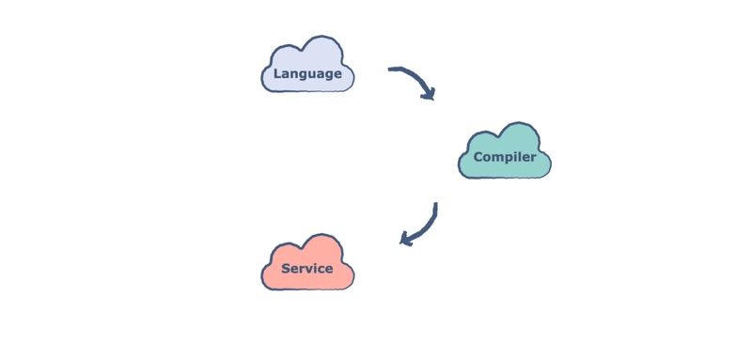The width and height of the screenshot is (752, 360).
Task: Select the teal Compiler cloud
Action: click(505, 151)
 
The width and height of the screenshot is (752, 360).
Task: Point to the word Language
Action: click(307, 74)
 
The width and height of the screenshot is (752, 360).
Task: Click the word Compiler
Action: click(505, 157)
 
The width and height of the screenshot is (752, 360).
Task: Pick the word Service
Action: click(307, 269)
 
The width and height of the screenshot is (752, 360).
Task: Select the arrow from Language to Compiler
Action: click(416, 77)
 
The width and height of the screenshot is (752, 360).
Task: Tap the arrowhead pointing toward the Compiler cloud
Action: click(429, 94)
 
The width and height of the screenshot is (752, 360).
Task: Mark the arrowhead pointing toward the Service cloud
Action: click(406, 239)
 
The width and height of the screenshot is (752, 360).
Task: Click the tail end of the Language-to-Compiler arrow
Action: click(389, 69)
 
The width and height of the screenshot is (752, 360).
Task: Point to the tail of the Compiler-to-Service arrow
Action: click(435, 204)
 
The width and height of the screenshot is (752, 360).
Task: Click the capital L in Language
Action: click(277, 74)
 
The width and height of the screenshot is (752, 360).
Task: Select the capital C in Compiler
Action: click(478, 157)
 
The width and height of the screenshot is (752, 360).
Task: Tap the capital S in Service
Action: click(286, 269)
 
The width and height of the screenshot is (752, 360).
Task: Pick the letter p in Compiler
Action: click(506, 159)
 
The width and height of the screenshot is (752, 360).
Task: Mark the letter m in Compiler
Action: click(495, 158)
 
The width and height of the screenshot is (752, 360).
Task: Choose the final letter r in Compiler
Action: click(534, 158)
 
